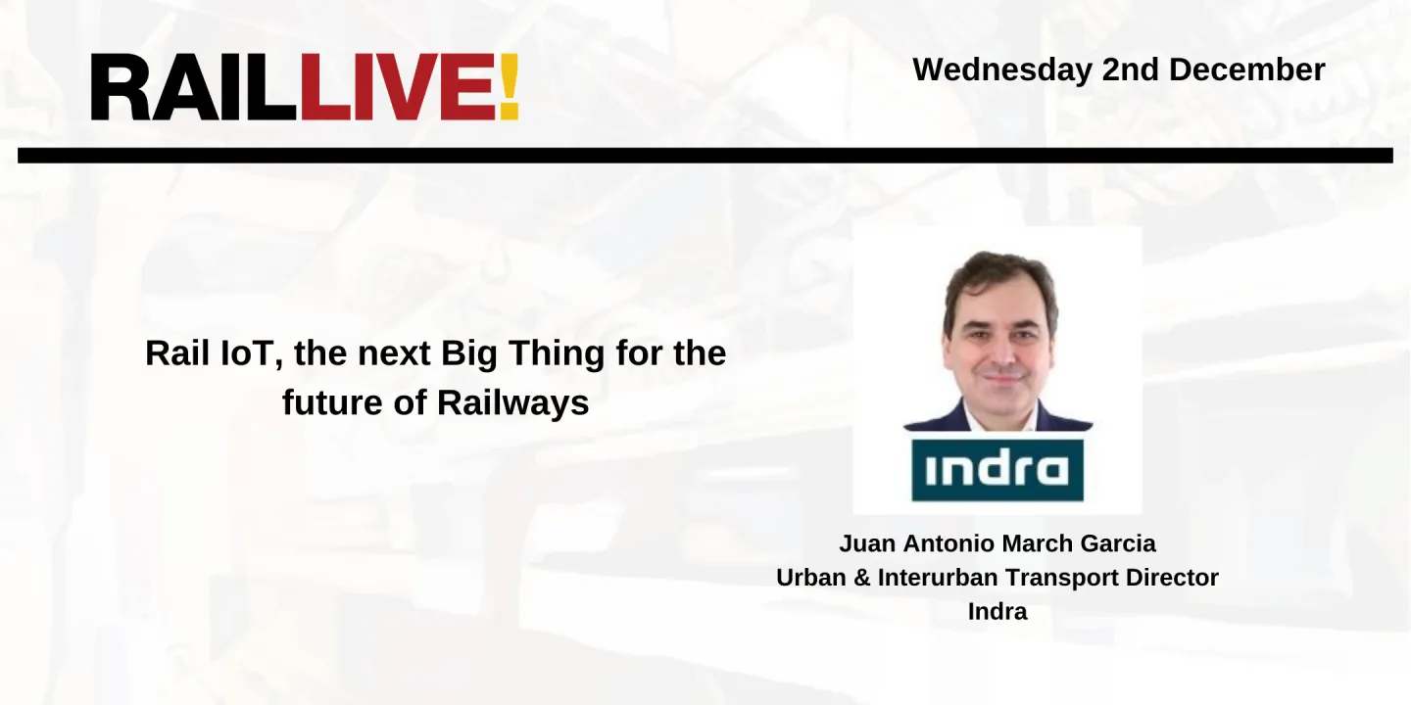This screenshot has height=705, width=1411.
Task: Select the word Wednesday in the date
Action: (x=1002, y=70)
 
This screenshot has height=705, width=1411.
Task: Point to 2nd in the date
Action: (x=1130, y=70)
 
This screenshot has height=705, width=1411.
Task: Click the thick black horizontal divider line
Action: (x=705, y=156)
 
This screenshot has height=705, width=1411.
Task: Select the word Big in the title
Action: (x=469, y=353)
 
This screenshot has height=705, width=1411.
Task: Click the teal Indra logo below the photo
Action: (x=997, y=470)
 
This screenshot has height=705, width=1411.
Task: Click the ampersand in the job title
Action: (x=862, y=578)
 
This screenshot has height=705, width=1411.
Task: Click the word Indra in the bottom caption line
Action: (x=997, y=611)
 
